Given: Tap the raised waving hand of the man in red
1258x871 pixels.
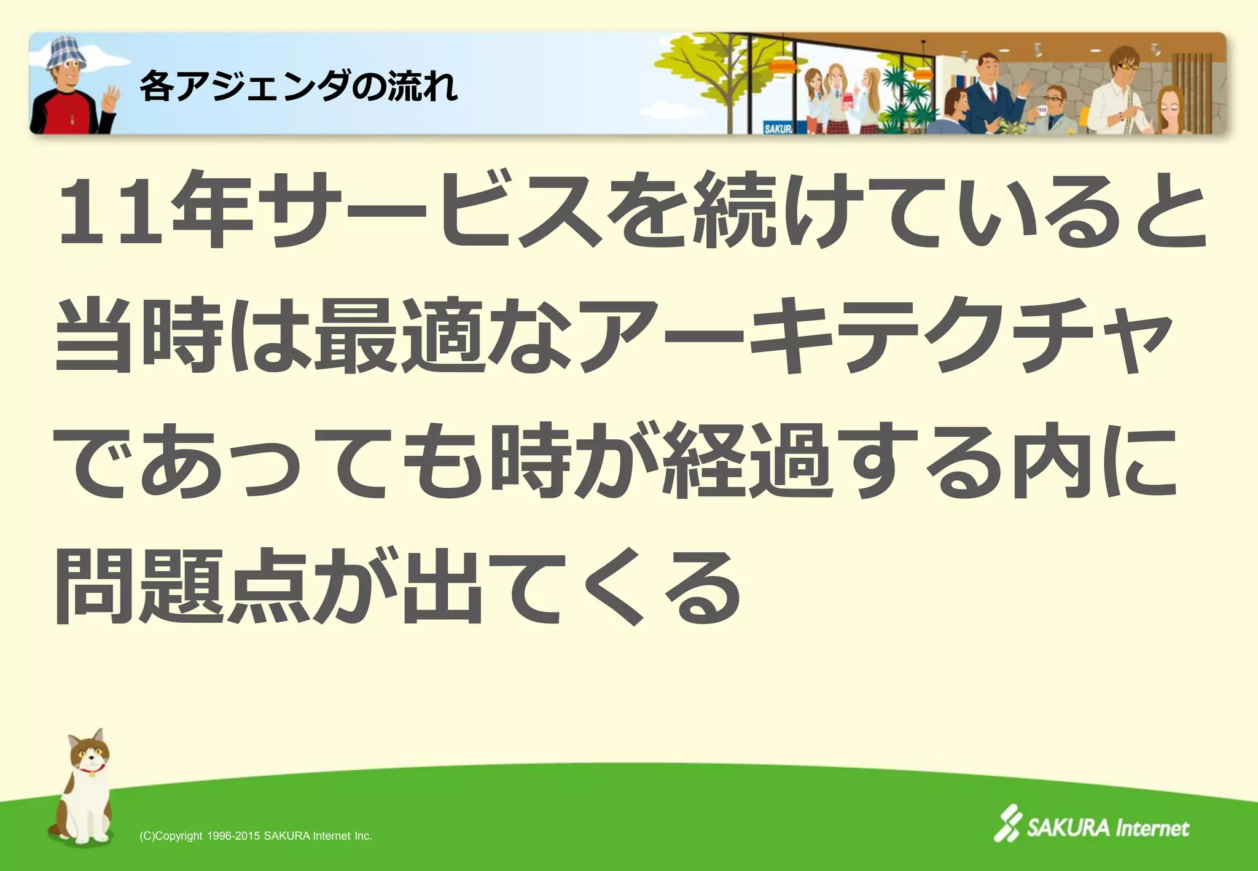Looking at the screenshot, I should coord(111,98).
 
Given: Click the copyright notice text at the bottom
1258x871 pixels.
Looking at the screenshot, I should coord(256,836).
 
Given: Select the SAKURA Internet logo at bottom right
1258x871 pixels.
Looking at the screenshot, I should coord(1091,826).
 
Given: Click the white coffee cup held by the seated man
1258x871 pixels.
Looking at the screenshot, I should coord(1041,111).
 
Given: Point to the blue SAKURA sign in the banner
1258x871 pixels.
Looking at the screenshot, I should coord(778,128).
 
